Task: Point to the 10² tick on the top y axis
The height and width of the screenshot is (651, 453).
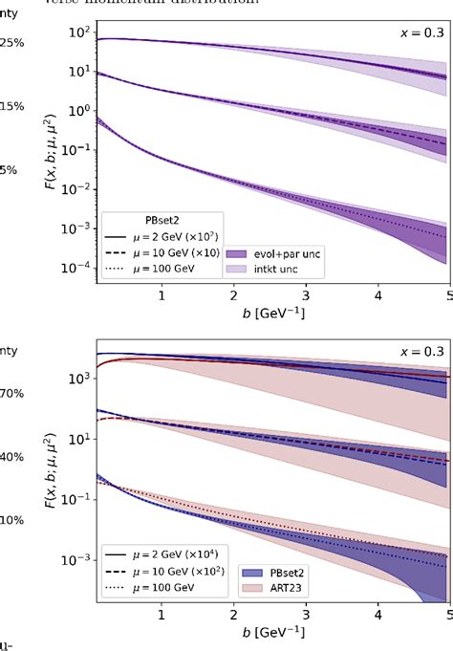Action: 78,33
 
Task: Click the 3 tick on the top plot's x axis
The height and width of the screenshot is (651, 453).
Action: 305,297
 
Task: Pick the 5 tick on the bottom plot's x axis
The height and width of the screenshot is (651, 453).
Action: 447,616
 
